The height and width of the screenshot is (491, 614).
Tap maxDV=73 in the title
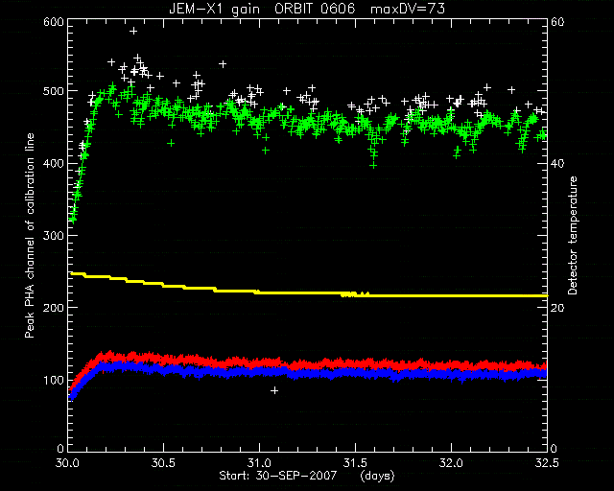[x=407, y=9]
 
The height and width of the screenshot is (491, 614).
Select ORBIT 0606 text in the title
[x=315, y=9]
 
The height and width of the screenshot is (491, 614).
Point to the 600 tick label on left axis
[x=54, y=21]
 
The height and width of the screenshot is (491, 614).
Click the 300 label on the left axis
[x=54, y=235]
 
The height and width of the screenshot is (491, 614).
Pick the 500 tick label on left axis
[x=54, y=91]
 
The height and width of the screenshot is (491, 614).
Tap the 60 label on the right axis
[x=557, y=21]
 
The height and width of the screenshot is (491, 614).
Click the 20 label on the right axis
[x=557, y=308]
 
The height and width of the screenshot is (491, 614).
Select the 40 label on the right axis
[x=557, y=163]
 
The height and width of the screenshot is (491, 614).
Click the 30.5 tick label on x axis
[x=164, y=463]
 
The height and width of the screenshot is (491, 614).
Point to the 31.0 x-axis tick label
[x=260, y=463]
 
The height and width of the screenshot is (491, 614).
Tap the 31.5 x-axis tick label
[x=356, y=463]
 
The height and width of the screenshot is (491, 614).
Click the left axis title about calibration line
[x=30, y=235]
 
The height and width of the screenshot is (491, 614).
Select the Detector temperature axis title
[x=573, y=235]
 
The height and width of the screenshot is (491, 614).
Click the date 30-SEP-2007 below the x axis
[x=296, y=476]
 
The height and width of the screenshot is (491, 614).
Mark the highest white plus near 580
[x=133, y=31]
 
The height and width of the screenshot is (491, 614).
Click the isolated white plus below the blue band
[x=274, y=390]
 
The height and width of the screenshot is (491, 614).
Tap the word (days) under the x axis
[x=377, y=476]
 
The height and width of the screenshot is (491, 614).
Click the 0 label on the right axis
[x=554, y=448]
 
